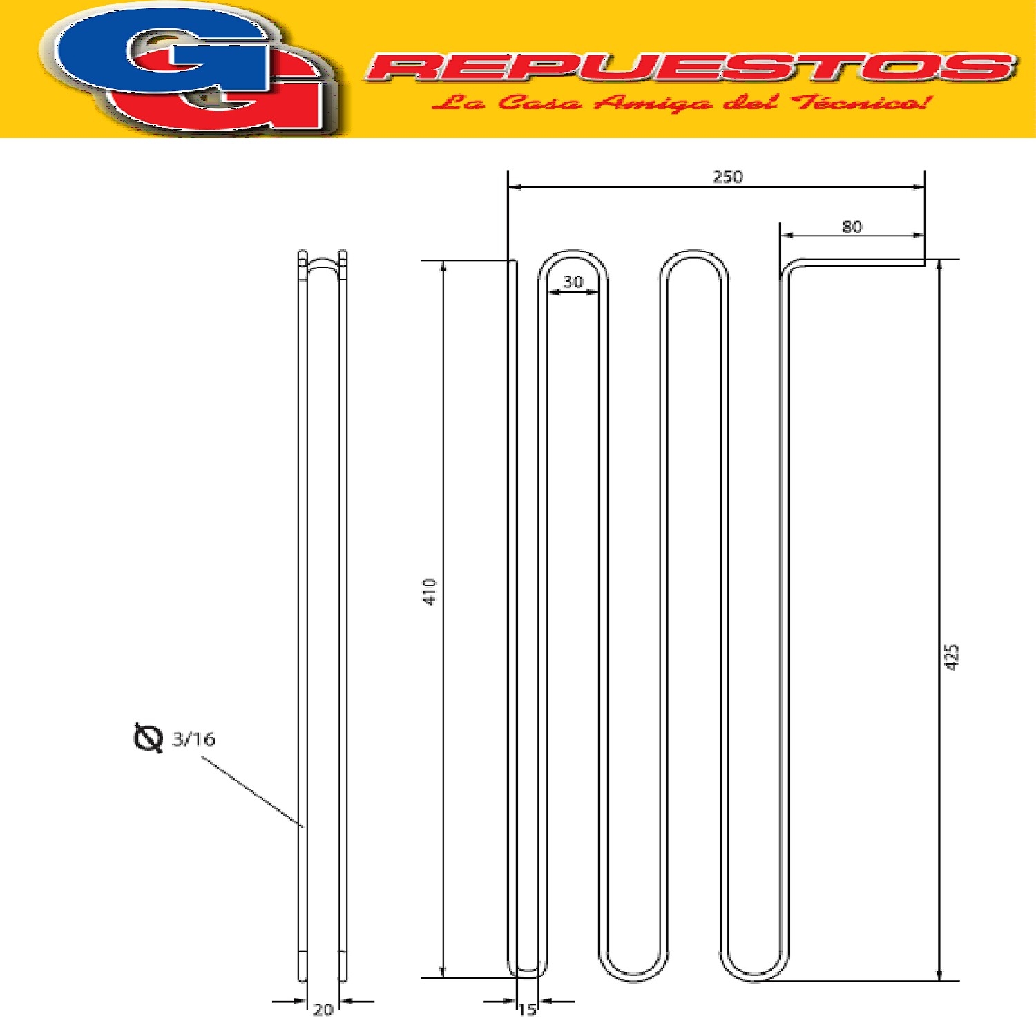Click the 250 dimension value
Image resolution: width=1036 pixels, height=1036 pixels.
tap(728, 177)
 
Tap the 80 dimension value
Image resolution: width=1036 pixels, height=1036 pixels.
tap(852, 227)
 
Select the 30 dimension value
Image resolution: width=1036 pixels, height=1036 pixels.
tap(573, 282)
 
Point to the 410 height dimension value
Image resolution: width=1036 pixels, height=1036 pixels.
tap(430, 592)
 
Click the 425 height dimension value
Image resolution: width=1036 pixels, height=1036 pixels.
tap(952, 656)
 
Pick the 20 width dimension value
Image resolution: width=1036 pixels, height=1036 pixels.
tap(323, 1010)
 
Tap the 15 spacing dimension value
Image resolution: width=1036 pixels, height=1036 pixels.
tap(528, 1010)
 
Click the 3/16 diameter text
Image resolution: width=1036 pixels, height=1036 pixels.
tap(194, 739)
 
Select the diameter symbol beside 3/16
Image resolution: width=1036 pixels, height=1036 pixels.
tap(147, 738)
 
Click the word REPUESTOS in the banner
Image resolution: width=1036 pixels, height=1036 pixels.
tap(691, 67)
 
